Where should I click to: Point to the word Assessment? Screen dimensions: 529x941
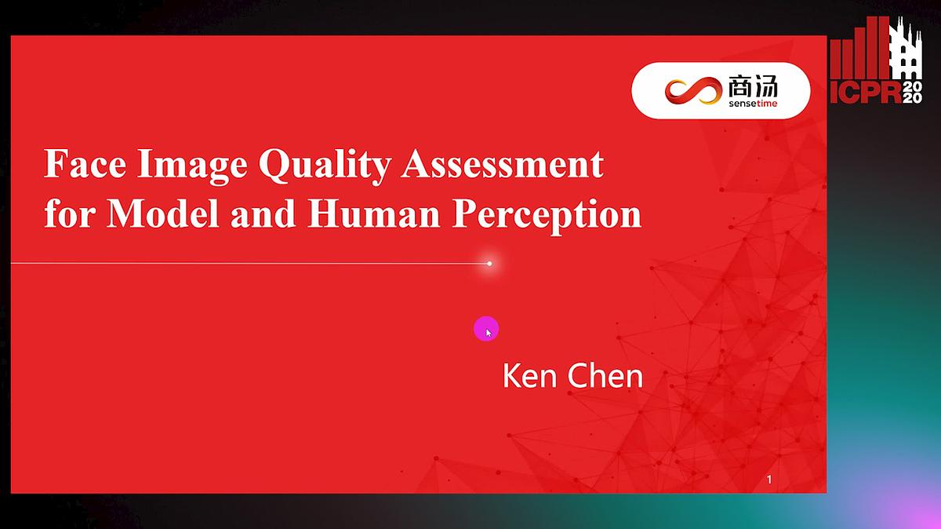(x=502, y=166)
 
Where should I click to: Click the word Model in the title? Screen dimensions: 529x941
(x=162, y=214)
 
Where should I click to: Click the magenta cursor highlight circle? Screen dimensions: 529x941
(x=486, y=329)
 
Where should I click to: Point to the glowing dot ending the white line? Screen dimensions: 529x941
(x=489, y=264)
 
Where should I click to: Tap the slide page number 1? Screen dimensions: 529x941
(x=769, y=480)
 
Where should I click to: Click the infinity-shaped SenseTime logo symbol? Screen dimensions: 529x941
(x=692, y=91)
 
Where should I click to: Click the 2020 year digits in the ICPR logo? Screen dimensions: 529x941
(x=914, y=92)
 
